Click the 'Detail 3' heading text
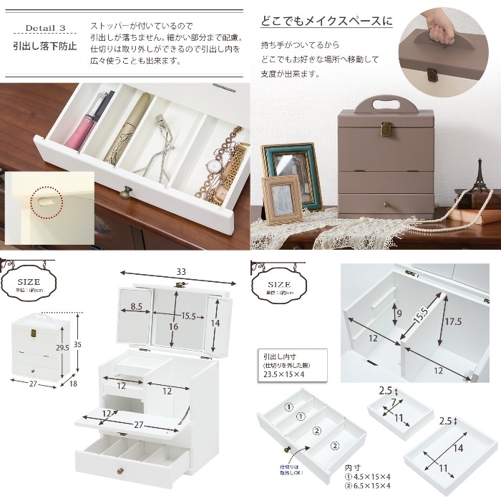pyautogui.click(x=45, y=28)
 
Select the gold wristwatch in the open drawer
pyautogui.click(x=214, y=166)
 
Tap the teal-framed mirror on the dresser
pyautogui.click(x=291, y=173)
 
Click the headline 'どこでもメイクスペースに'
pyautogui.click(x=326, y=21)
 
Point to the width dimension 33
pyautogui.click(x=181, y=272)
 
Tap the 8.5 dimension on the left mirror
pyautogui.click(x=140, y=306)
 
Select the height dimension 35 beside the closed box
pyautogui.click(x=78, y=345)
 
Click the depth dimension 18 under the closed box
pyautogui.click(x=72, y=384)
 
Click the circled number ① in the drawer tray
pyautogui.click(x=289, y=407)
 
